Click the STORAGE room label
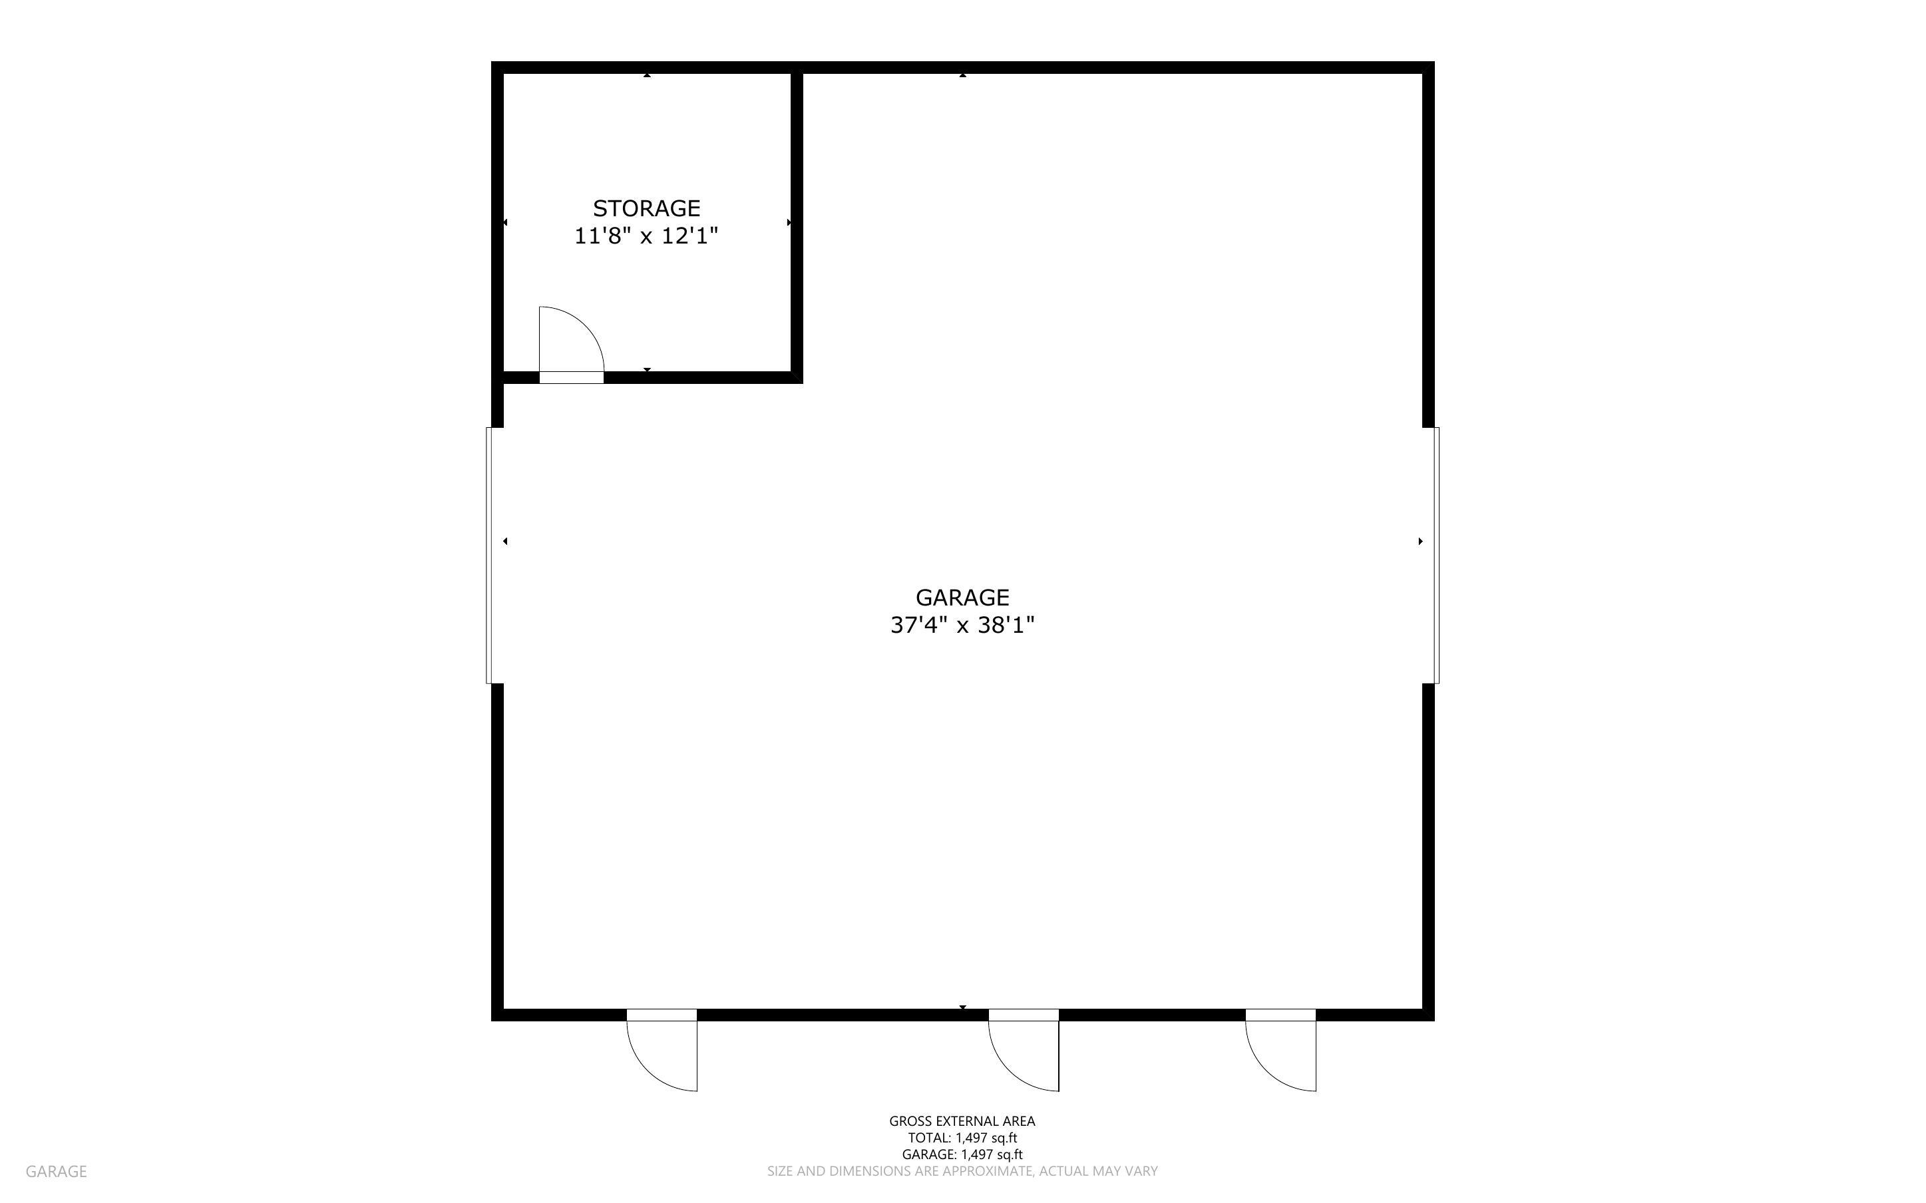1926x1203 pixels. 646,208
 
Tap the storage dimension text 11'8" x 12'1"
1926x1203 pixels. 646,236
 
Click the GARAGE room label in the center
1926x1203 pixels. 962,598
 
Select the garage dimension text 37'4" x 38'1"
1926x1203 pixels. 962,625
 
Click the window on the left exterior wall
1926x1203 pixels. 494,556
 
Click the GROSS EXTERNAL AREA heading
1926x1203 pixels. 962,1121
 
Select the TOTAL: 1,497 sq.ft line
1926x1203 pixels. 962,1138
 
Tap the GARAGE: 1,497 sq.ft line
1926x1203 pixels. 962,1154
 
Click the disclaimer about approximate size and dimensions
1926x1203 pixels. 962,1171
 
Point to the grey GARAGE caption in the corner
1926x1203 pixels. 56,1171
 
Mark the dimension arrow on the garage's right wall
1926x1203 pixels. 1420,542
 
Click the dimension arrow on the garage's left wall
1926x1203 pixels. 506,542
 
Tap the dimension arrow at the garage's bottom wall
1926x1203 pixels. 962,1007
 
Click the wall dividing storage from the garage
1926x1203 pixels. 797,223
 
